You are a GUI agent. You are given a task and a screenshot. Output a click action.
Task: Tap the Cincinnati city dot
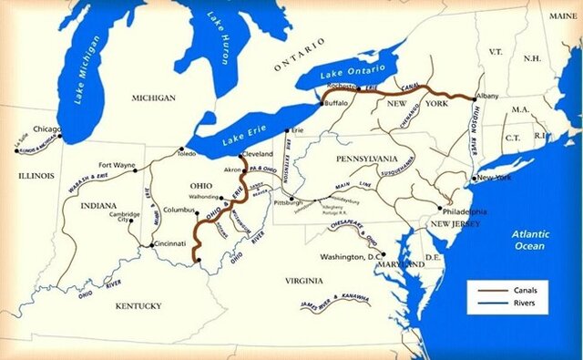151,244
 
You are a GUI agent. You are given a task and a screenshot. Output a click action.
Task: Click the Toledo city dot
182,148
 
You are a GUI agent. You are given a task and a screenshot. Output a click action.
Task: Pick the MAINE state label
561,16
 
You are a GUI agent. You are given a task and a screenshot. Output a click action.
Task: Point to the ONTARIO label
300,55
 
